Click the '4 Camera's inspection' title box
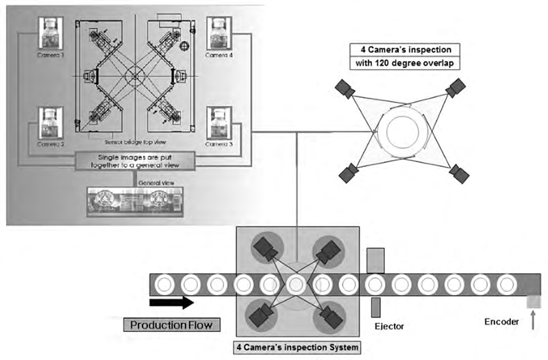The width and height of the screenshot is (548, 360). click(x=404, y=50)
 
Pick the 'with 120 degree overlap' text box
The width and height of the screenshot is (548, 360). click(x=404, y=64)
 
